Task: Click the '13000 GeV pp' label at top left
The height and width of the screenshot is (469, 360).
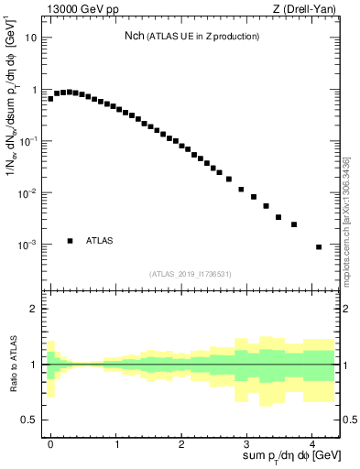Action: pyautogui.click(x=78, y=8)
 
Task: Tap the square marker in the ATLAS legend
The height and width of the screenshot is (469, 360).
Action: pyautogui.click(x=70, y=241)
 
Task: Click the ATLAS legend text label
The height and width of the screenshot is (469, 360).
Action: pyautogui.click(x=100, y=241)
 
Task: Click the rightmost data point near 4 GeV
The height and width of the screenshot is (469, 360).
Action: pyautogui.click(x=318, y=246)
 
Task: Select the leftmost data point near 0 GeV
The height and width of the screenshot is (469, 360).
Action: pyautogui.click(x=50, y=98)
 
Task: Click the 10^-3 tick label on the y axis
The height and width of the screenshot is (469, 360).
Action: pyautogui.click(x=29, y=245)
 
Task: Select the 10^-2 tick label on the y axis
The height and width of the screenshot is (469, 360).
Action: pyautogui.click(x=29, y=193)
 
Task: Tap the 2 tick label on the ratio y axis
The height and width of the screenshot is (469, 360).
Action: pyautogui.click(x=34, y=309)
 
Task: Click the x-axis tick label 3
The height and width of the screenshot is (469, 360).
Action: pyautogui.click(x=246, y=442)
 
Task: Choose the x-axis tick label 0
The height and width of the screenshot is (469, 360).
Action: pyautogui.click(x=50, y=442)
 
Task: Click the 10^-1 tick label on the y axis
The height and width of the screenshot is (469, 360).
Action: pyautogui.click(x=29, y=142)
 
